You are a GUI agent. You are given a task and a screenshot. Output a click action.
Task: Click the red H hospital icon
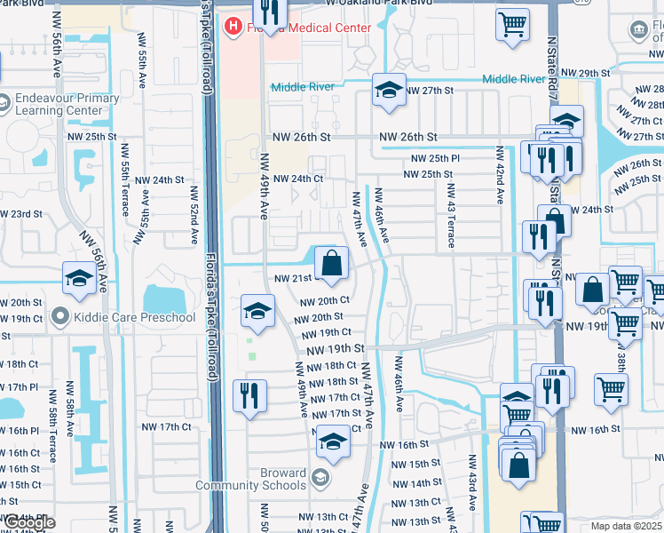tap(233, 27)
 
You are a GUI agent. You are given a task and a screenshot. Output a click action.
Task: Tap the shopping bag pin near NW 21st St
tap(331, 264)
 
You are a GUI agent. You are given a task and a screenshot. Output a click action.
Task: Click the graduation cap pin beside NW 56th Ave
tap(80, 278)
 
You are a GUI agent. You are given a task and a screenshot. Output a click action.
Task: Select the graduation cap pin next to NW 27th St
tap(388, 90)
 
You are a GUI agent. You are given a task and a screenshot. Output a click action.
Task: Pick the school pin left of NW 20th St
tap(257, 310)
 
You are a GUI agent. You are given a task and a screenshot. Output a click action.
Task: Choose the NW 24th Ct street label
tap(297, 179)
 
